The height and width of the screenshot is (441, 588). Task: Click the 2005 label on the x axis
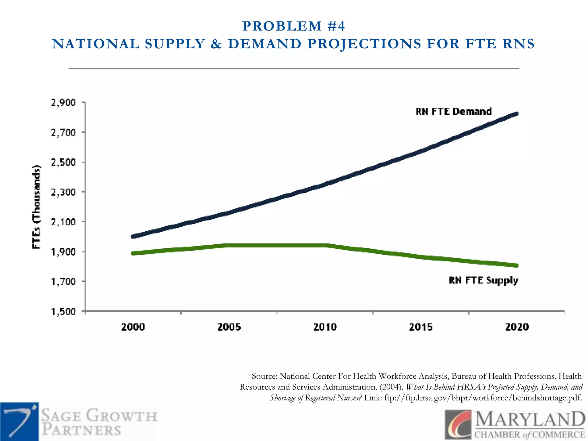tap(229, 327)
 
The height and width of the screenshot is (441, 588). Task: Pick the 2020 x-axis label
tap(517, 327)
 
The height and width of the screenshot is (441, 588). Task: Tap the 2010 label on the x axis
tap(325, 327)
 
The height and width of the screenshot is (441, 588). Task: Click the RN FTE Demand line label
tap(453, 111)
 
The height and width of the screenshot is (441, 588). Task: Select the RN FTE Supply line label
tap(483, 280)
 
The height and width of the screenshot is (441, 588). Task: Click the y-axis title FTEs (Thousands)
tap(36, 207)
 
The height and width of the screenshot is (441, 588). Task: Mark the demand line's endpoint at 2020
tap(517, 114)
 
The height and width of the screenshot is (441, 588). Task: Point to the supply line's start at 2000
tap(133, 253)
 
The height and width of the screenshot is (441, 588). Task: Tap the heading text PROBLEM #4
tap(293, 26)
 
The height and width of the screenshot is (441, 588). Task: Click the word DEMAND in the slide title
tap(264, 44)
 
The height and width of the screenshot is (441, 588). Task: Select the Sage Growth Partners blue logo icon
tap(20, 421)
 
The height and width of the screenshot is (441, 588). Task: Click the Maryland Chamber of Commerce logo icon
tap(458, 425)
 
